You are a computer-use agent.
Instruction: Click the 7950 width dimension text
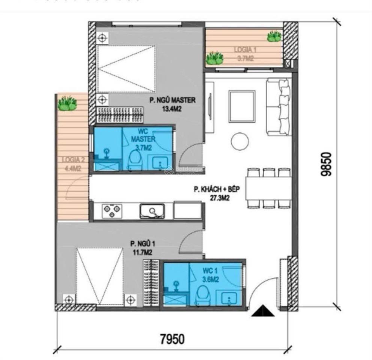(172, 339)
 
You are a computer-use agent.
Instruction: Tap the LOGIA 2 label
(73, 159)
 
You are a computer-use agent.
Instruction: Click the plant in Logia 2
(68, 103)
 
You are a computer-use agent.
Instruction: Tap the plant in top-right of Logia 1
(274, 36)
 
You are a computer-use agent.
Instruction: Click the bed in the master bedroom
(126, 69)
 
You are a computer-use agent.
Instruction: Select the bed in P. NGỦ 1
(100, 276)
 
